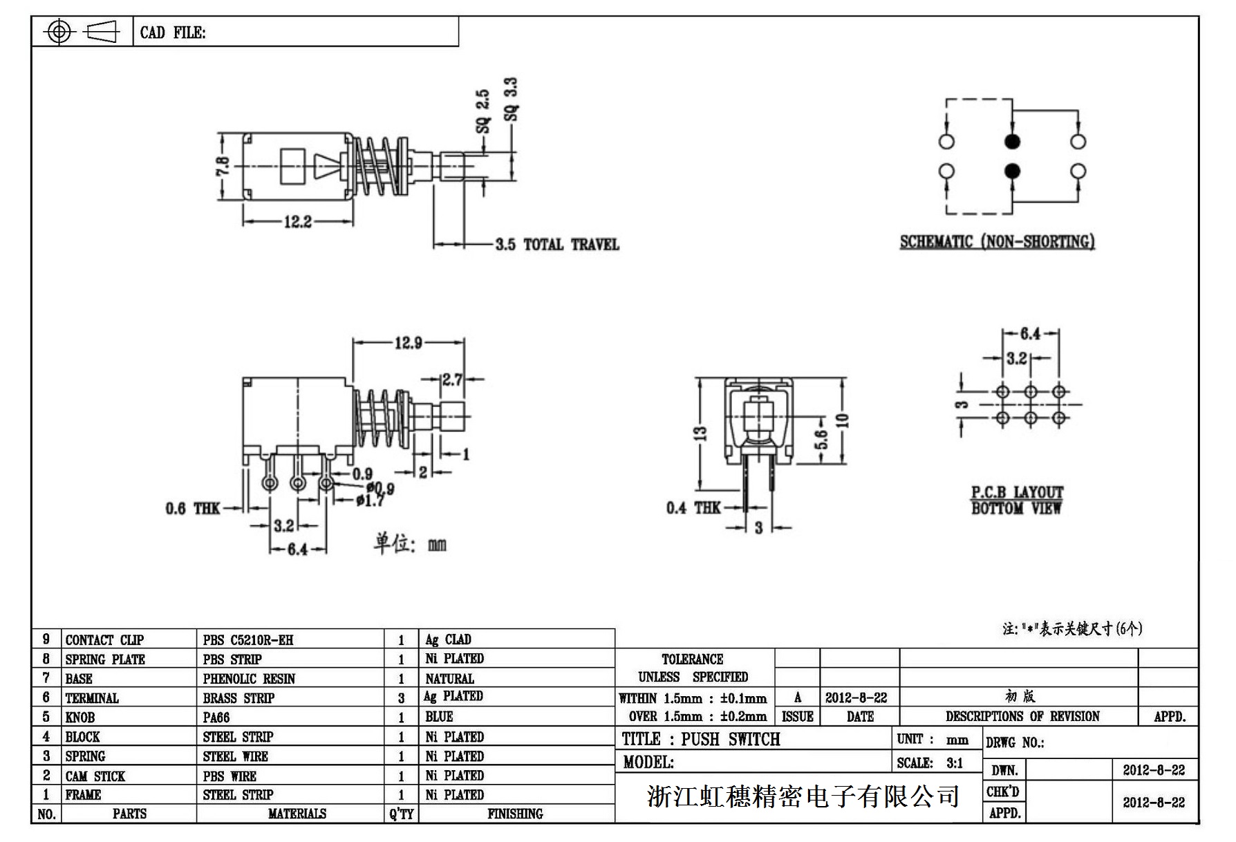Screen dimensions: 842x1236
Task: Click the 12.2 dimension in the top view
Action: click(297, 222)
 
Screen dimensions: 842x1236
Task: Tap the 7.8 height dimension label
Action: click(223, 167)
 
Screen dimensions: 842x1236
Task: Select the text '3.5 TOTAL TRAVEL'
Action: click(557, 244)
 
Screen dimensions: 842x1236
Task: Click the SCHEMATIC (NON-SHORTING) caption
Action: click(997, 242)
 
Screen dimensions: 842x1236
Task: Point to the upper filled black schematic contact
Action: click(1012, 142)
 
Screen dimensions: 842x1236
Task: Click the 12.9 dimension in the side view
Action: click(409, 343)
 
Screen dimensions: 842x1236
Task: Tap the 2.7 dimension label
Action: click(453, 379)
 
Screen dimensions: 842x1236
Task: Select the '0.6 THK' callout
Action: click(192, 509)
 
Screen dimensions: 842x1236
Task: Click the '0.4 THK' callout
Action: click(693, 508)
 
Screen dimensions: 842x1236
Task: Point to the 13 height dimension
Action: click(700, 433)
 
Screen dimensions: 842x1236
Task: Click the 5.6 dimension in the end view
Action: click(821, 438)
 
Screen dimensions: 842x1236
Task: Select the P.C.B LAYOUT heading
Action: click(1017, 492)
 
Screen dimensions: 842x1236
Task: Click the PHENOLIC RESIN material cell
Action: click(249, 679)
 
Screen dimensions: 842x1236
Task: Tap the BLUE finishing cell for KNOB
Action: click(439, 717)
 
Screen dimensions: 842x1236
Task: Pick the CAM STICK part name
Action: click(95, 776)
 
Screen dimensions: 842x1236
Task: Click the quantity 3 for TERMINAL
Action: click(401, 698)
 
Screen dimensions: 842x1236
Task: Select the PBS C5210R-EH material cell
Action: click(248, 640)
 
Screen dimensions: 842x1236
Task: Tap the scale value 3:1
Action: click(955, 763)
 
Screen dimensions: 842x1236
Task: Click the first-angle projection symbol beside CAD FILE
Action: click(82, 32)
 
